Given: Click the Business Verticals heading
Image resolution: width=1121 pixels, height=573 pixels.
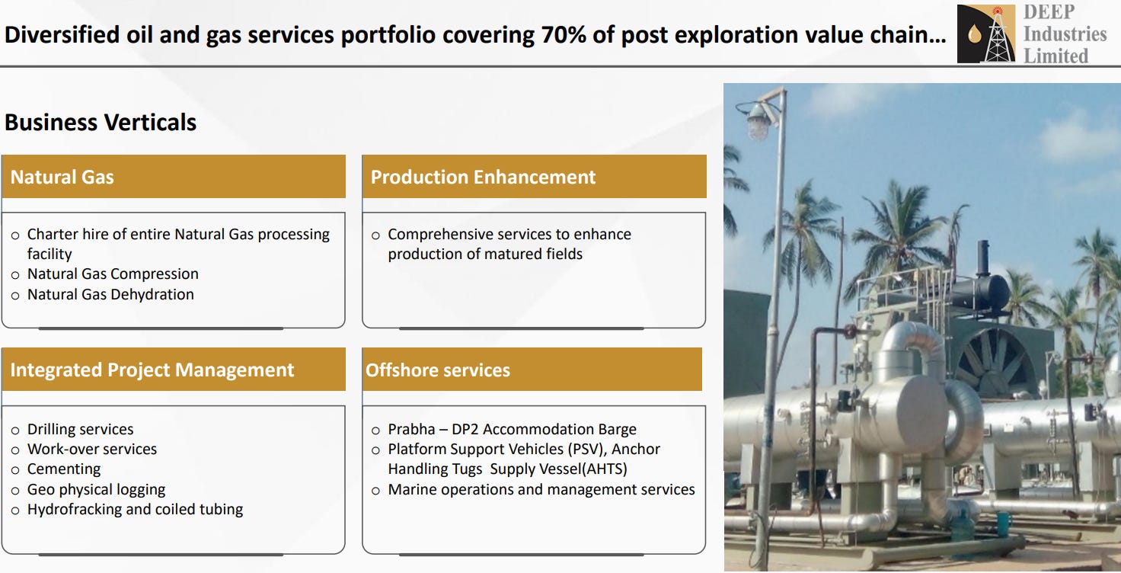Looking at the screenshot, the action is point(101,122).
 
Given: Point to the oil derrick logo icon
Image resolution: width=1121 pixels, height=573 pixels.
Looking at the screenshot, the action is point(986,34).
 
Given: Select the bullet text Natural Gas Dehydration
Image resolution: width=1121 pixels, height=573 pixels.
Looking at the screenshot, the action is point(110,294).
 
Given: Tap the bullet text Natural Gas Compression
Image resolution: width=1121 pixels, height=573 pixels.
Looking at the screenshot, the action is point(113,274).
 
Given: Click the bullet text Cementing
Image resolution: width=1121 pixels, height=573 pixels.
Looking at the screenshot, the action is point(63,469).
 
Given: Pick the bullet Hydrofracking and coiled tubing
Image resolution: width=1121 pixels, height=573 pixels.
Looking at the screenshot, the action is point(135,509).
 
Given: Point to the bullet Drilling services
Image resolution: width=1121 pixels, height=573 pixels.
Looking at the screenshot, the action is point(80,429).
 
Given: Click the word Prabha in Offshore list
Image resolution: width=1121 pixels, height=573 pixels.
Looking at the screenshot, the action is point(411,429).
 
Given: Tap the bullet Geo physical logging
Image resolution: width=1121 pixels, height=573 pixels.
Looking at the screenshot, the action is point(96,489).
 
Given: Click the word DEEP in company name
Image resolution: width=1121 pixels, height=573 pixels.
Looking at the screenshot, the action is point(1049,11).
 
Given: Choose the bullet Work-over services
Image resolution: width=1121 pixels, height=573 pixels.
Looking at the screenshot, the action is point(91,449).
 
